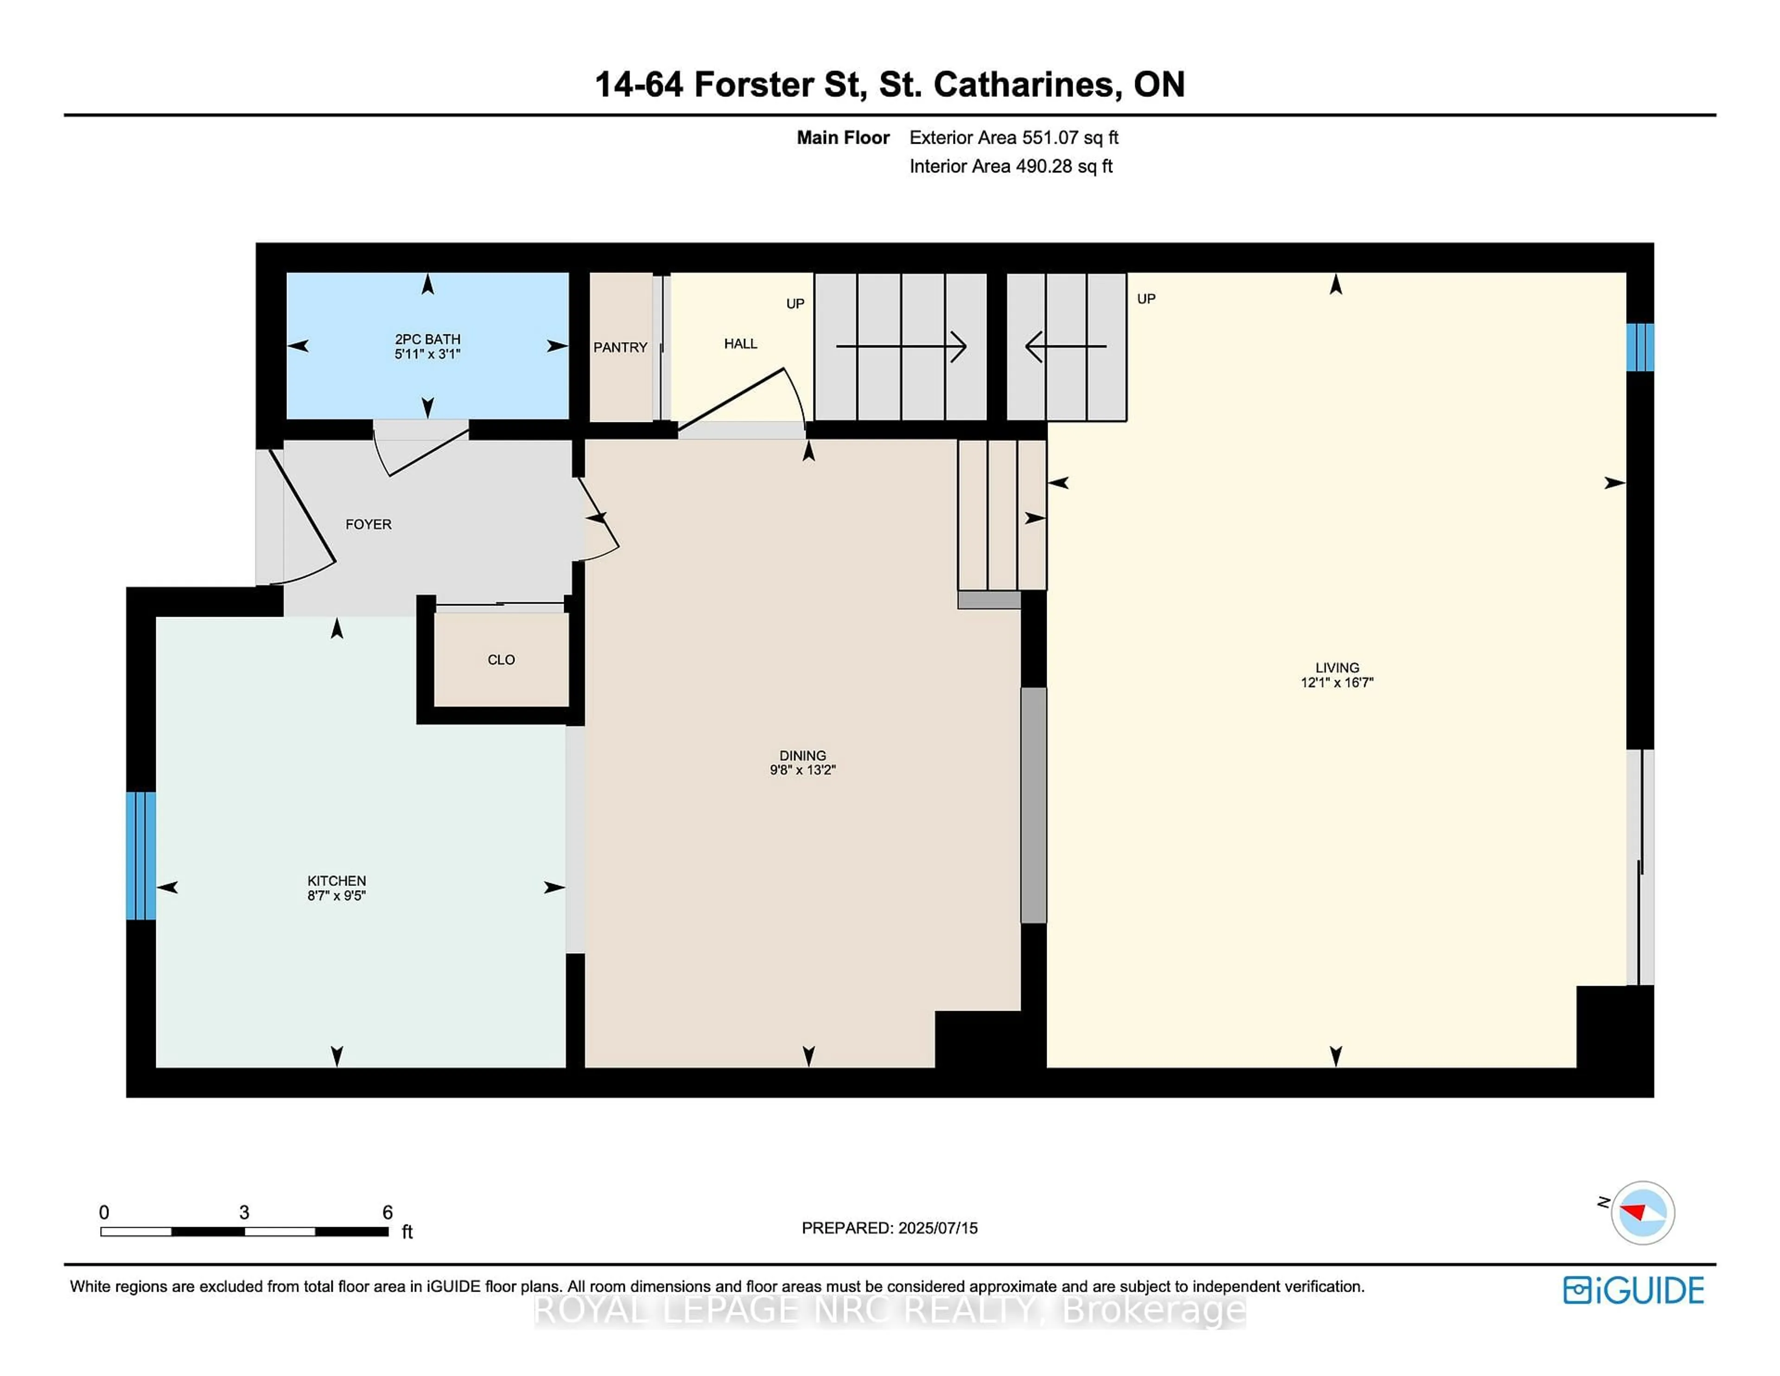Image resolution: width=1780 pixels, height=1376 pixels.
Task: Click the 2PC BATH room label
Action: pos(427,339)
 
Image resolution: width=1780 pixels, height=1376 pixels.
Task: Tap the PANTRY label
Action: pos(620,347)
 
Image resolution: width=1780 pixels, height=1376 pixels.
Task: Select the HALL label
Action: pos(740,344)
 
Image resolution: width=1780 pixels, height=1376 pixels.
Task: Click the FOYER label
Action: pos(369,524)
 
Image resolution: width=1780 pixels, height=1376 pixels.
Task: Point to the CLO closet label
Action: pos(501,659)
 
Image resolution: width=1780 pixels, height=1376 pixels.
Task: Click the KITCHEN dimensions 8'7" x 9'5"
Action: pos(337,895)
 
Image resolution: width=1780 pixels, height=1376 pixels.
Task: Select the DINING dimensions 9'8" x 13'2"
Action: pos(803,770)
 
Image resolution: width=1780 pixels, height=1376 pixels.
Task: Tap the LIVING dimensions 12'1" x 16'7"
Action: pos(1337,682)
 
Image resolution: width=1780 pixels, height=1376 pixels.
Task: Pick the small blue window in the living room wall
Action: pos(1640,347)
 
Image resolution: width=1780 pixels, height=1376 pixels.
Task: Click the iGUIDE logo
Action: pos(1634,1290)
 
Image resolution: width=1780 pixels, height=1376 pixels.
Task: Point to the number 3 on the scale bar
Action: pos(244,1212)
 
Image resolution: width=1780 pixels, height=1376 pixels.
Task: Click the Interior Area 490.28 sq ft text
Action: pos(1011,166)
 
